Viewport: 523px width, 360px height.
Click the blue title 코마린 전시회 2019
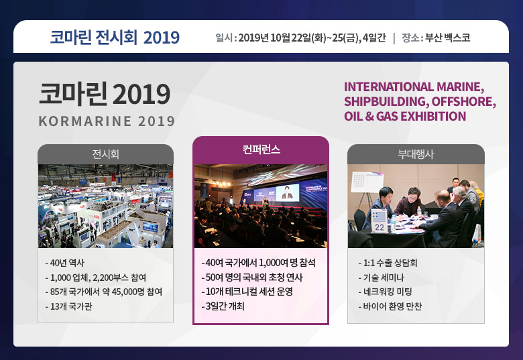[115, 37]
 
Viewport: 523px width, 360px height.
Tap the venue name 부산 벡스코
[448, 38]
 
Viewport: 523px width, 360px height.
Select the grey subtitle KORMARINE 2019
[107, 121]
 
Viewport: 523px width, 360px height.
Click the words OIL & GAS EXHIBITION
[405, 117]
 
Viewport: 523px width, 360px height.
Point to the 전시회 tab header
[105, 154]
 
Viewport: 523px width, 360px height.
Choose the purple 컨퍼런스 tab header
[261, 149]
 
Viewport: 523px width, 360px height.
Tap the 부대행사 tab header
[416, 154]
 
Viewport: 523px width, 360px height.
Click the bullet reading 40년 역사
[65, 263]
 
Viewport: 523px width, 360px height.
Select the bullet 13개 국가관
[68, 306]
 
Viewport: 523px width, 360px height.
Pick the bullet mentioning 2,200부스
[96, 278]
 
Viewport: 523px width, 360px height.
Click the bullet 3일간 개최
[223, 306]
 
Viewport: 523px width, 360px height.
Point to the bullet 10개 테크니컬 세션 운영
[247, 292]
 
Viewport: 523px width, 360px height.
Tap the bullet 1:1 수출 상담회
[388, 263]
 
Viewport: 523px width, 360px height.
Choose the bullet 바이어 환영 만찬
[390, 306]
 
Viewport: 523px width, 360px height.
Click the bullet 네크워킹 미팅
[386, 292]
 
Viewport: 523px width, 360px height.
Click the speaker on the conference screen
[287, 192]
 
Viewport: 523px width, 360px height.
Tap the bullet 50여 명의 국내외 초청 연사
[252, 278]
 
